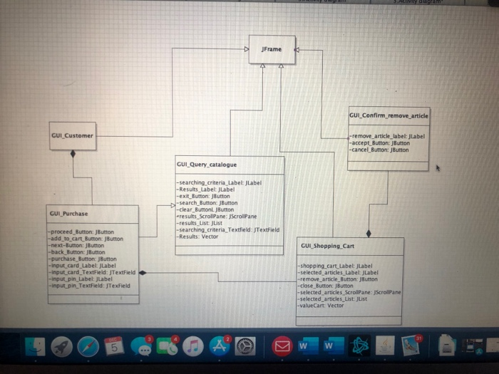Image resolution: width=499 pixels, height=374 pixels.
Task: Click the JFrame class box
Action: [272, 50]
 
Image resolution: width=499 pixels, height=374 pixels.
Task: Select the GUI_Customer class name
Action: [72, 135]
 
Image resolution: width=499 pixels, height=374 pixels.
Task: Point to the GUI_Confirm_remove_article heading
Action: [389, 115]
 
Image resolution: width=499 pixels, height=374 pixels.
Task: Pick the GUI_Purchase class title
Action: [69, 213]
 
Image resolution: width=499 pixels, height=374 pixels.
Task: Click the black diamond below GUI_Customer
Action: [73, 154]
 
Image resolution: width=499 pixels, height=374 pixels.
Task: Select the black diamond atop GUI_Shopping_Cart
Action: [369, 233]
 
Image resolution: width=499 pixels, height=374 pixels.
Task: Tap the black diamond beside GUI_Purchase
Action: [143, 272]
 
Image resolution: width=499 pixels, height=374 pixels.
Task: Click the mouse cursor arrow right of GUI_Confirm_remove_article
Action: [437, 169]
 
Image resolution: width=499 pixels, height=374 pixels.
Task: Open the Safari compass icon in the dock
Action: [88, 346]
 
